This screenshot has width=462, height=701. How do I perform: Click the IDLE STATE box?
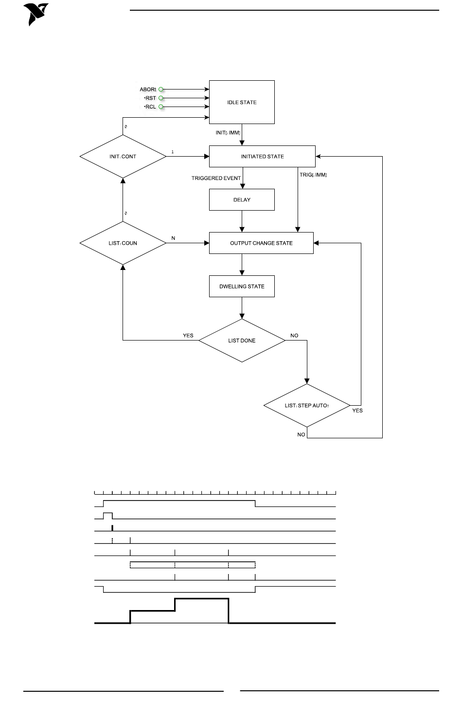click(242, 102)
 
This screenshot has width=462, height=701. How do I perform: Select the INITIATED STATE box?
click(262, 156)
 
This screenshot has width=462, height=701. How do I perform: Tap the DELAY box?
click(242, 199)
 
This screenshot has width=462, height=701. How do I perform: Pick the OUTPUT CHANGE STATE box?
click(261, 243)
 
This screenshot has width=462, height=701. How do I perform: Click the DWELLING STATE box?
click(242, 287)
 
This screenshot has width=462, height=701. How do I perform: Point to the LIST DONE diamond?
click(242, 341)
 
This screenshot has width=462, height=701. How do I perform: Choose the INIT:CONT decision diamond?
click(123, 157)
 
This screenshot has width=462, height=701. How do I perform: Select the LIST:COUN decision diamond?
click(123, 243)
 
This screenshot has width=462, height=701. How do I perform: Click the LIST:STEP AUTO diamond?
click(307, 405)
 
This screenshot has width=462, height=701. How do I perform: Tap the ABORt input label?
click(148, 90)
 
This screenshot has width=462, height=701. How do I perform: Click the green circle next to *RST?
click(161, 98)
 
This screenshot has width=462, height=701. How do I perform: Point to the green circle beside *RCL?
click(161, 107)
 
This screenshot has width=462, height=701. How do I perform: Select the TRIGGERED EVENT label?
click(216, 178)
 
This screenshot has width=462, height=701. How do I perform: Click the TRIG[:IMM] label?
click(313, 175)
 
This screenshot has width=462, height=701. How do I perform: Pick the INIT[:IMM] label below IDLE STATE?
click(228, 133)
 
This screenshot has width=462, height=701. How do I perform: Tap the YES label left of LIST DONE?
click(188, 336)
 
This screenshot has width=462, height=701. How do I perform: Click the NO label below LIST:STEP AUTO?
click(301, 434)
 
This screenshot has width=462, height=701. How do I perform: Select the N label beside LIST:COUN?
click(173, 238)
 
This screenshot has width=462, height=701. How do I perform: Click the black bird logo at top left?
click(36, 15)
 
